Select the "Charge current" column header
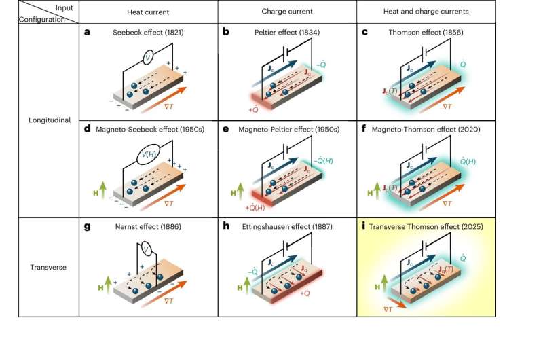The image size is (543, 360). coord(286,11)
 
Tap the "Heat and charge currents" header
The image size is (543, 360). coord(425,11)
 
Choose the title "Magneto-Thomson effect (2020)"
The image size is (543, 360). coord(429,130)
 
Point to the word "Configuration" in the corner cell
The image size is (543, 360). coord(24,20)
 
